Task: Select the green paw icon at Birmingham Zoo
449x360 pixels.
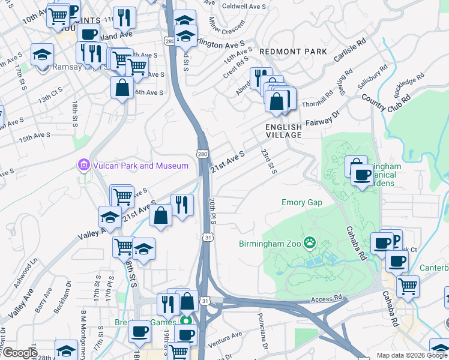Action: [x=309, y=242]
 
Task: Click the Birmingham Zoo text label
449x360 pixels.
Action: [x=270, y=243]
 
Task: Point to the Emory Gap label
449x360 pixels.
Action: [x=301, y=203]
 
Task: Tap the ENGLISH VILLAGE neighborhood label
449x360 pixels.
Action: [x=284, y=131]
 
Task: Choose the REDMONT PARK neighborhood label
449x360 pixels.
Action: [x=293, y=52]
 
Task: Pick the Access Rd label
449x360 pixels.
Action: [x=327, y=298]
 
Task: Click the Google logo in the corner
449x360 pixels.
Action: [x=19, y=353]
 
